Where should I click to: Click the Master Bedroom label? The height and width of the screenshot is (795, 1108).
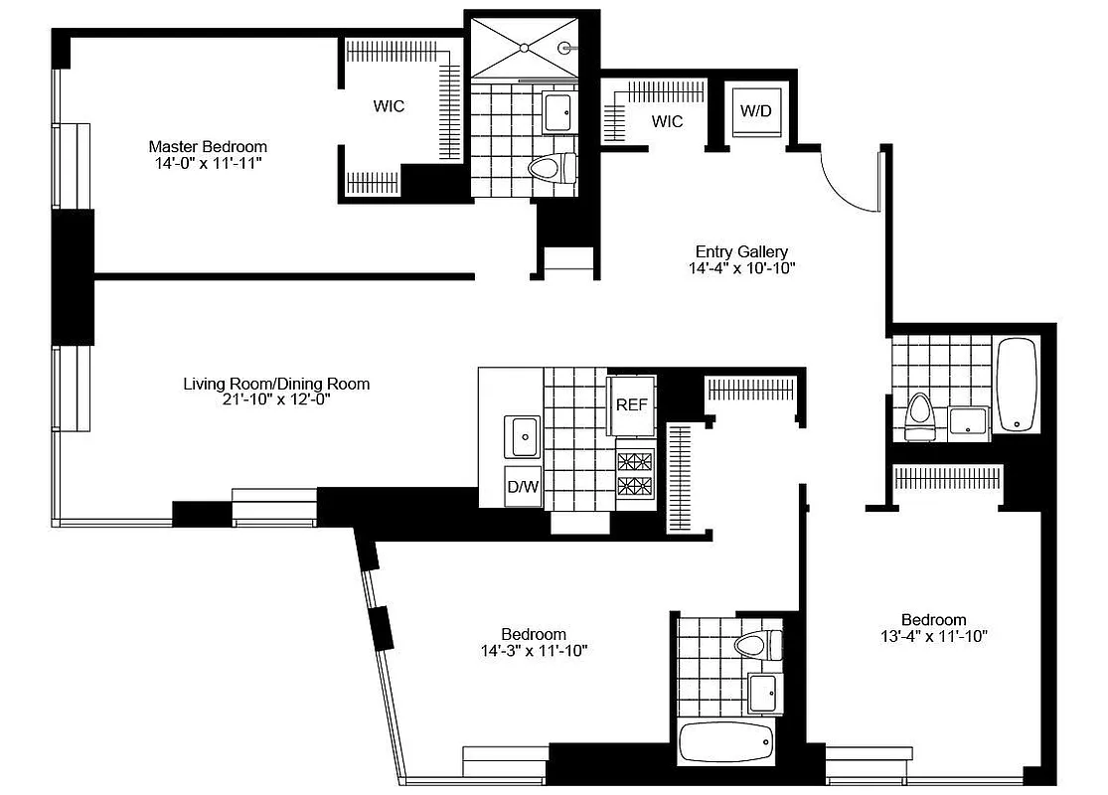(x=208, y=143)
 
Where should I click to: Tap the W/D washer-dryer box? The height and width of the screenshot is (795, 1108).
(x=755, y=110)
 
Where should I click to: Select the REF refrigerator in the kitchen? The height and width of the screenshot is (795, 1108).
(x=632, y=404)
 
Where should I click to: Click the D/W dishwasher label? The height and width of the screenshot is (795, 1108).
(x=523, y=486)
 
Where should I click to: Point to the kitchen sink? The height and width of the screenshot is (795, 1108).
(x=523, y=434)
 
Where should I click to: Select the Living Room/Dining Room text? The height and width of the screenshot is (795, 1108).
(x=276, y=384)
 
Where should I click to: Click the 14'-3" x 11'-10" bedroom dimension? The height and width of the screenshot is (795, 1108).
(x=533, y=652)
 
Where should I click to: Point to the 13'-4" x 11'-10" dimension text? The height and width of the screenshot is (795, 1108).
(x=934, y=637)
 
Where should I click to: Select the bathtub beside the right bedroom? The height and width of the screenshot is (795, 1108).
(x=1017, y=385)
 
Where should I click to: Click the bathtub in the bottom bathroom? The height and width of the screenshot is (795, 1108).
(x=725, y=740)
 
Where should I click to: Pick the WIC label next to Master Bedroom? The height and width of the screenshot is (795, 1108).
(x=389, y=106)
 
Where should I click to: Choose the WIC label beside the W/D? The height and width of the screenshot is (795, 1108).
(x=667, y=121)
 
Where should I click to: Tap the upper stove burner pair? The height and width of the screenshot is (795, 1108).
(x=636, y=459)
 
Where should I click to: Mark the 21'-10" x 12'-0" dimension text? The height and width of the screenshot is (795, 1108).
(x=276, y=399)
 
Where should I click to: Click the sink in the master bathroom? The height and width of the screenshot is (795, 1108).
(x=558, y=111)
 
